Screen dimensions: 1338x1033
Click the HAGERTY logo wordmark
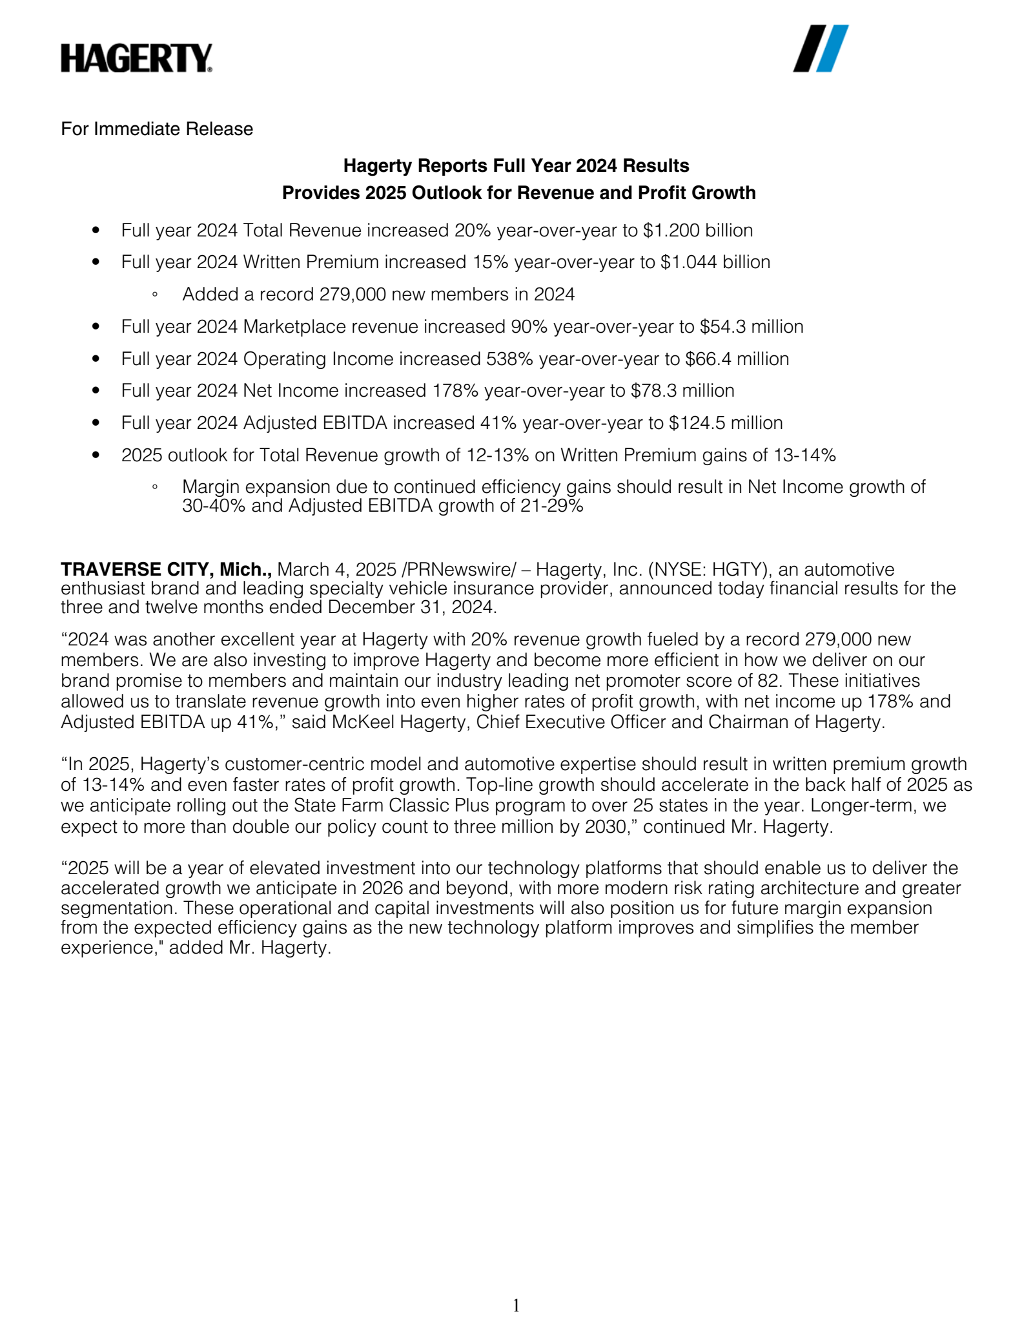point(136,58)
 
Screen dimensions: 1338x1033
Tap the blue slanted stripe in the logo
point(832,48)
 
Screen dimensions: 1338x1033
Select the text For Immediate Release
point(157,129)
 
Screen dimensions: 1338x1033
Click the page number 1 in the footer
point(516,1306)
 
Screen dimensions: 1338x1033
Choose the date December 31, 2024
point(411,608)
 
